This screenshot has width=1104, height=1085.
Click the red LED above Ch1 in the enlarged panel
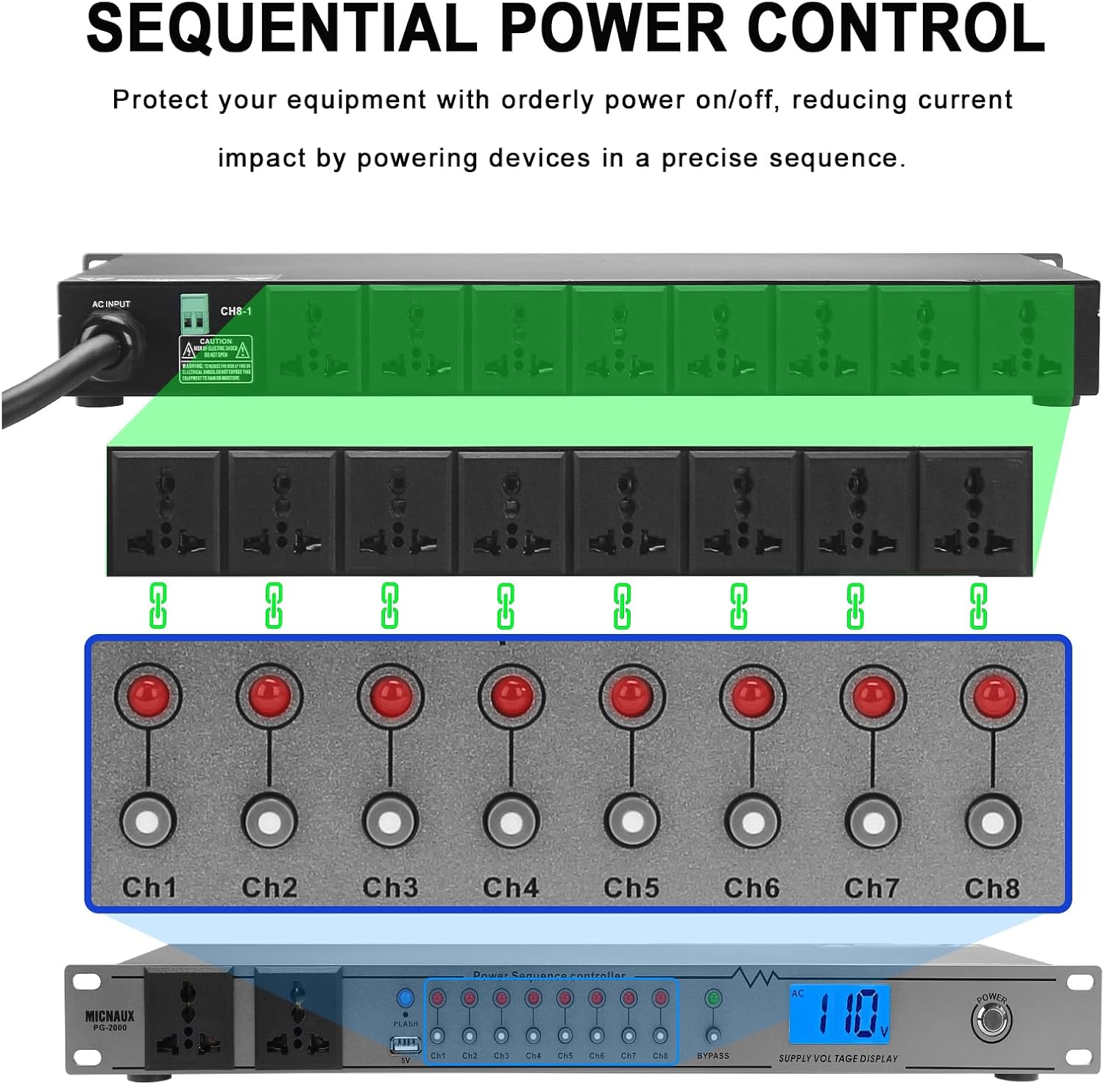click(148, 696)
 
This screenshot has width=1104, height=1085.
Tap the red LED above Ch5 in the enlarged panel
click(631, 696)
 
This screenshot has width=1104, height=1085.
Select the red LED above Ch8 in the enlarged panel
click(993, 696)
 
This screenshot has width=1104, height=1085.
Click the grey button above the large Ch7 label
click(873, 822)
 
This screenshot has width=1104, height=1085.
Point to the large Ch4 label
click(511, 887)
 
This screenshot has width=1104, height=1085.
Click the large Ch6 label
click(751, 887)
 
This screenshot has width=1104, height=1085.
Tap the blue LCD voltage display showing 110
click(840, 1014)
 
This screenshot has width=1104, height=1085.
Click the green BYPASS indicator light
click(712, 999)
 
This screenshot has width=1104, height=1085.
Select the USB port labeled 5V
click(406, 1045)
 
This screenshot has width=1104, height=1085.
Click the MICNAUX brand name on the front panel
click(110, 1016)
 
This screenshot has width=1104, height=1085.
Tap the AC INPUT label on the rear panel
click(111, 304)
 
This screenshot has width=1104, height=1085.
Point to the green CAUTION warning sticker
click(216, 359)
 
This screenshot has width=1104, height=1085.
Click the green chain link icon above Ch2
click(274, 605)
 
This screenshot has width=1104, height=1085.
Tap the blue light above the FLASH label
click(405, 998)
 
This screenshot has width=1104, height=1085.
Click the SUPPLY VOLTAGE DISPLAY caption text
click(838, 1059)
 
